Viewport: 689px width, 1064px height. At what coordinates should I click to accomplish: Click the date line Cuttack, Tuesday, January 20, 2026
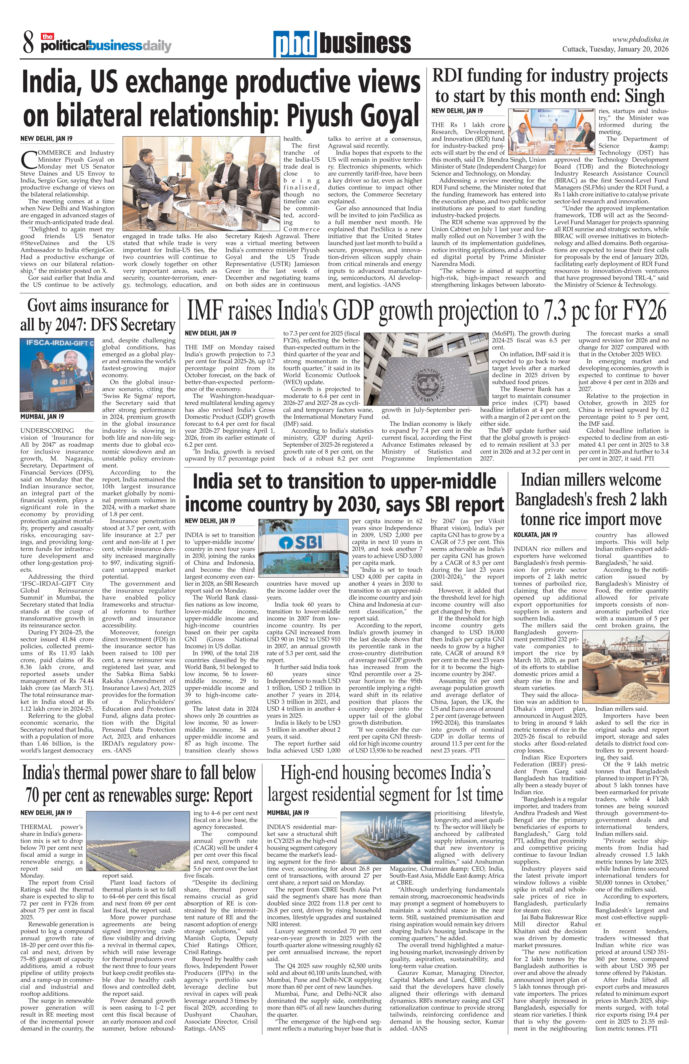coord(615,49)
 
